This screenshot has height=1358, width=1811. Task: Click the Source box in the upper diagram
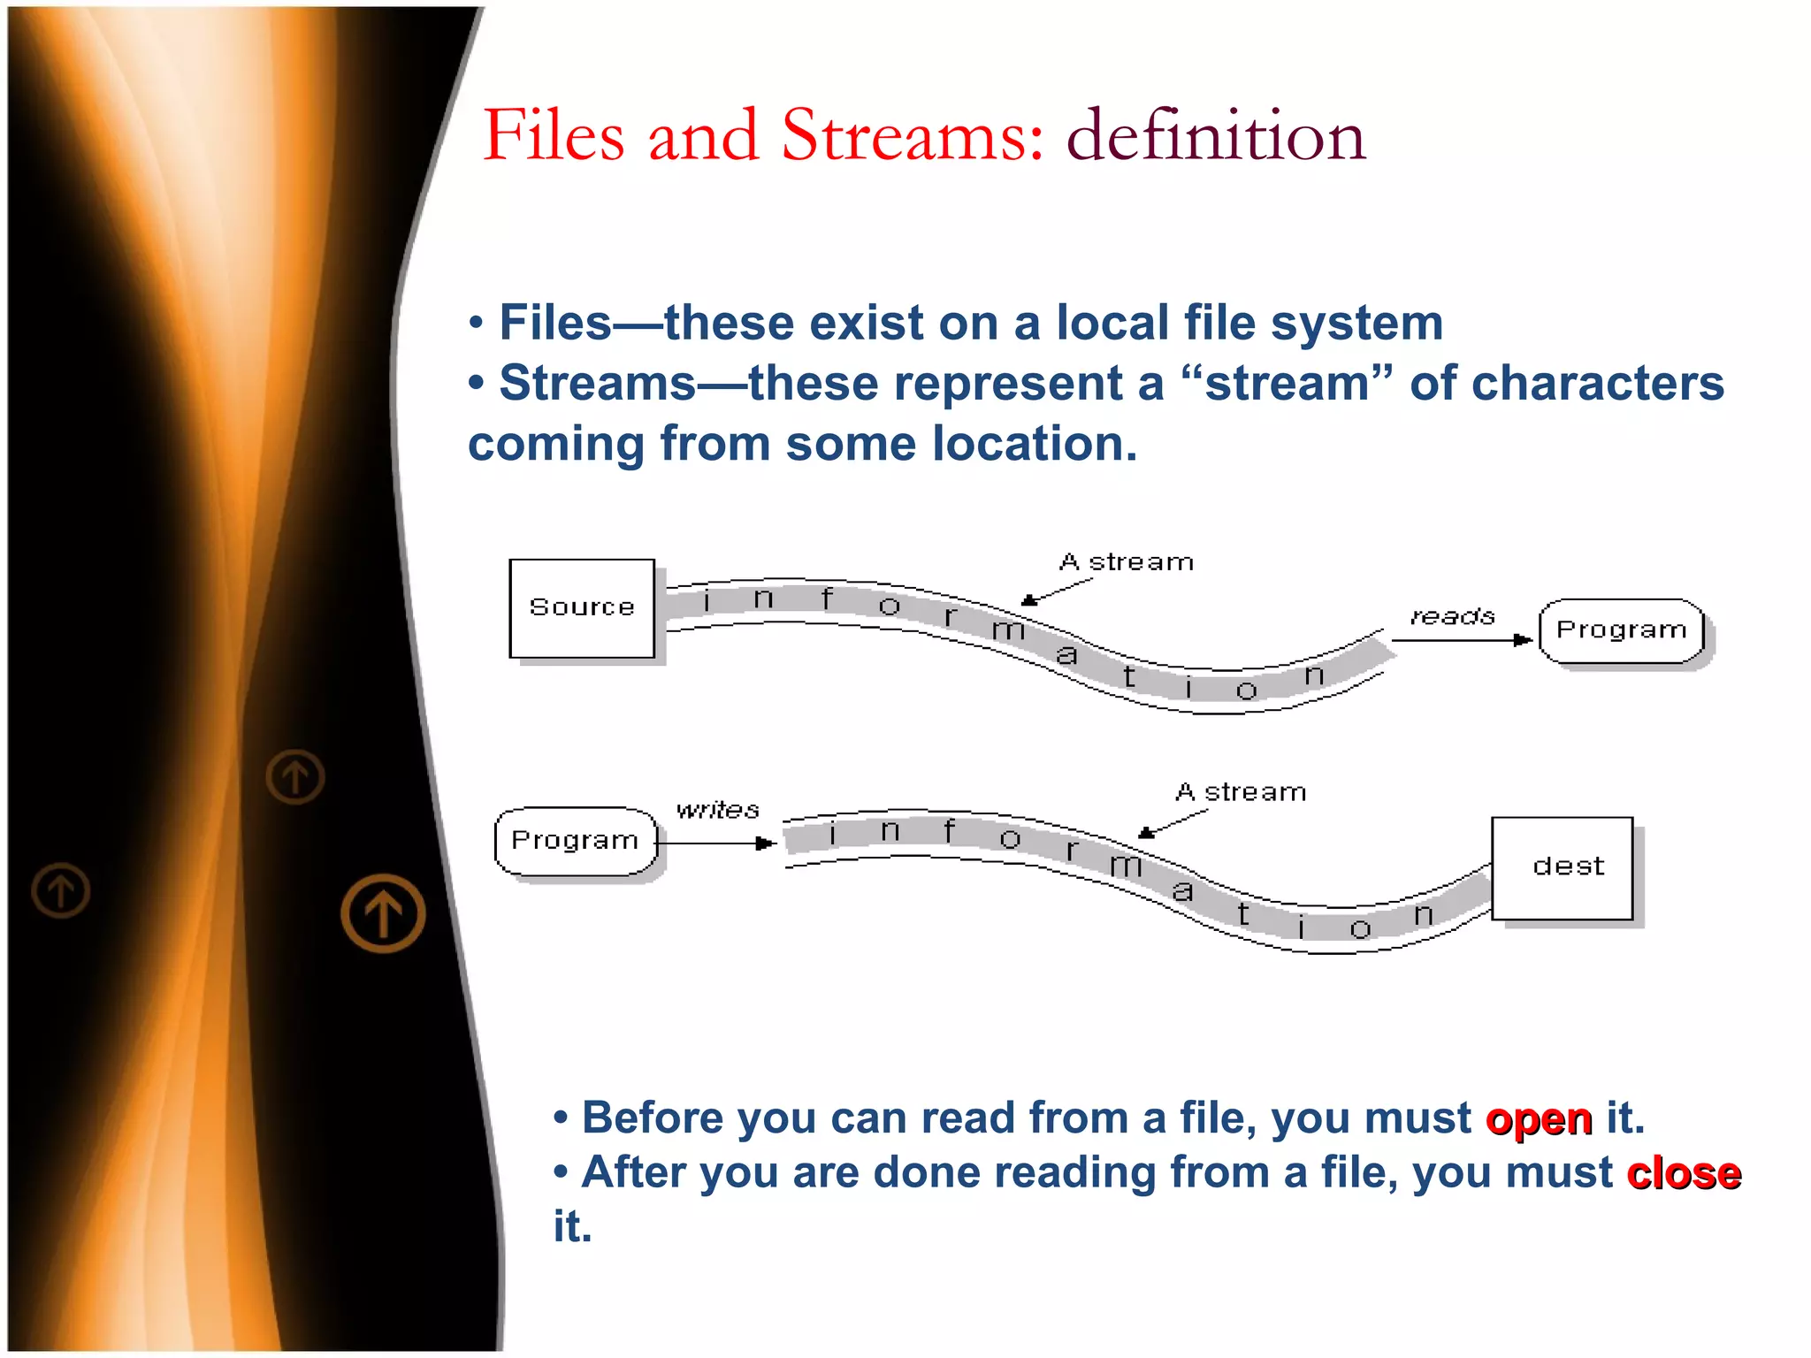click(x=582, y=608)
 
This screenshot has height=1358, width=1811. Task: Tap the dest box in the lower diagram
click(x=1562, y=867)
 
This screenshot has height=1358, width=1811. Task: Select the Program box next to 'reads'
click(x=1621, y=630)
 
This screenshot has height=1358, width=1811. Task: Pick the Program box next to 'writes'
click(x=576, y=841)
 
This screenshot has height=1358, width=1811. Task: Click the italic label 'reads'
click(x=1452, y=616)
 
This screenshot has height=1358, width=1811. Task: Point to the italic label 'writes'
click(x=717, y=810)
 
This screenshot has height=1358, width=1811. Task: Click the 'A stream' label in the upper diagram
click(x=1127, y=562)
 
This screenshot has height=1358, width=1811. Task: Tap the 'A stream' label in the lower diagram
click(x=1241, y=792)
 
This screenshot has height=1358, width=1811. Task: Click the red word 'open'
click(x=1539, y=1119)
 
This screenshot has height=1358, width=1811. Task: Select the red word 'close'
click(x=1684, y=1174)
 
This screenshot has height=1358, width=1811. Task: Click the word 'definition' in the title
click(x=1216, y=136)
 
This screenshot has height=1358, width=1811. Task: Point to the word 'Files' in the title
click(x=554, y=136)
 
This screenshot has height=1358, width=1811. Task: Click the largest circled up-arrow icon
click(x=383, y=913)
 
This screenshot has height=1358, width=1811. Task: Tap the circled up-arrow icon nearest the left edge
click(x=61, y=890)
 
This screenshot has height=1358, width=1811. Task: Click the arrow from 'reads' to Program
click(x=1461, y=639)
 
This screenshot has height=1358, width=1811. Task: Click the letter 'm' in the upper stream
click(x=1008, y=630)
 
